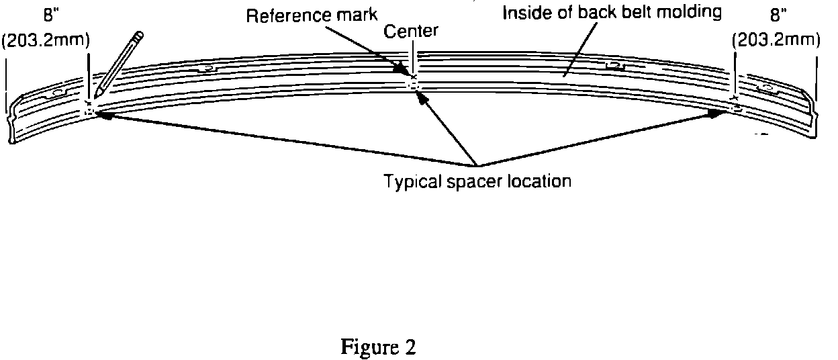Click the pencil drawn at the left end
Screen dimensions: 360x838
coord(119,64)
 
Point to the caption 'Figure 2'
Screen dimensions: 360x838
coord(378,347)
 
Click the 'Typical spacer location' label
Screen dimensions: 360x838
coord(477,181)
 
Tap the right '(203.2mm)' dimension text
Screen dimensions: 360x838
coord(776,40)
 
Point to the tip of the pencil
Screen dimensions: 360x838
coord(96,95)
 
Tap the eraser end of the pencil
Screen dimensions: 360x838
coord(139,35)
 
